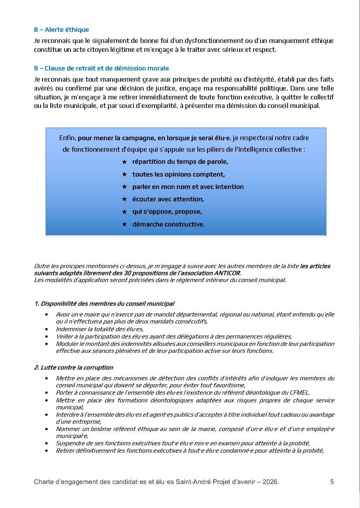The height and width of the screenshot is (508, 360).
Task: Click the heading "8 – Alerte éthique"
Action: click(61, 30)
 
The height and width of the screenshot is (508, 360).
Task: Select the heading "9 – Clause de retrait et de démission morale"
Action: click(101, 68)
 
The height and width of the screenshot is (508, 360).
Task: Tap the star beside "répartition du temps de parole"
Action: click(124, 162)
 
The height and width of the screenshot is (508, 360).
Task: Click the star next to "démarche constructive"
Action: click(124, 224)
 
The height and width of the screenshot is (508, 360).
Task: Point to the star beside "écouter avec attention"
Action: click(124, 199)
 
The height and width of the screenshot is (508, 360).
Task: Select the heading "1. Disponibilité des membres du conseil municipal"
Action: click(104, 304)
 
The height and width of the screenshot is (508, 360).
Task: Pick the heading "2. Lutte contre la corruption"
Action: click(74, 368)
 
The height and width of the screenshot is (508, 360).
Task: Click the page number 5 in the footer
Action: click(332, 482)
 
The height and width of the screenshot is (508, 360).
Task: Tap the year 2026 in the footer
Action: click(269, 482)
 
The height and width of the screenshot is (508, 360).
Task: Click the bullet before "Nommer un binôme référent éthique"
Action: click(47, 429)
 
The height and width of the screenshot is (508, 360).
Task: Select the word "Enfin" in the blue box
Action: click(67, 138)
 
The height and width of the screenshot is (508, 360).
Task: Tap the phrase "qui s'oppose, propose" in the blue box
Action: click(167, 212)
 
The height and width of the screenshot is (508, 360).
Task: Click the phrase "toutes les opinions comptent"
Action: click(178, 174)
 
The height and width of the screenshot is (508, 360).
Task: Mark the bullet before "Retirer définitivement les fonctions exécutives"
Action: click(47, 451)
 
